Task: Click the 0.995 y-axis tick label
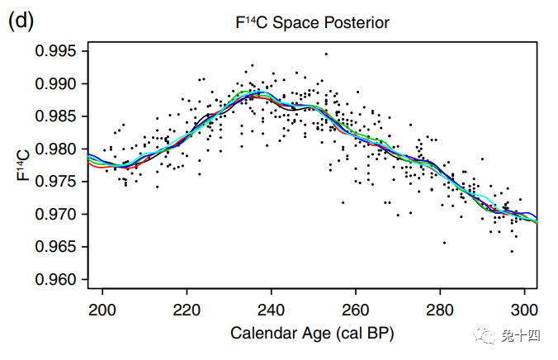click(55, 51)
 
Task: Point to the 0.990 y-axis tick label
click(55, 84)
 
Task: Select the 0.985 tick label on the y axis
click(55, 116)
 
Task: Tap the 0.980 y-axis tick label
click(55, 149)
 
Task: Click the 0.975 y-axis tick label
click(55, 182)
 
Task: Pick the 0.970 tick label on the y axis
click(55, 215)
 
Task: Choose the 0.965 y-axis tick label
click(55, 247)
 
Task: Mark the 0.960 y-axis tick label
click(55, 280)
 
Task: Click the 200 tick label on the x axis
click(102, 310)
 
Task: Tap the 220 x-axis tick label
click(187, 310)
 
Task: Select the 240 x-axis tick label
click(271, 310)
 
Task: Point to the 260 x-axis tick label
click(355, 310)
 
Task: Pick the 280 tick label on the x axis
click(440, 310)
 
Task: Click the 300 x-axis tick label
click(524, 310)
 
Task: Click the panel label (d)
click(21, 21)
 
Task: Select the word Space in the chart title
click(296, 23)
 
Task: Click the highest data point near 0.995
click(326, 54)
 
